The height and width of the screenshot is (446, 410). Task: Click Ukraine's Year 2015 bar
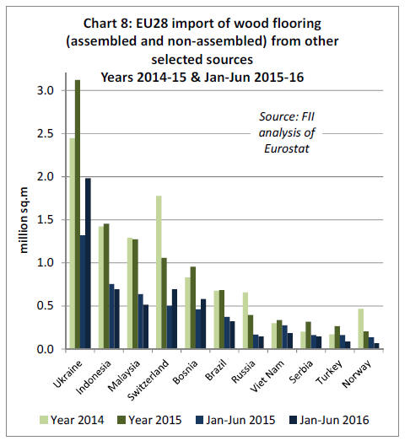[78, 214]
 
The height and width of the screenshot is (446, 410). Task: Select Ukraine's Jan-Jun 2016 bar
[89, 264]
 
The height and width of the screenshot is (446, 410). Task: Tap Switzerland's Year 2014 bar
[159, 272]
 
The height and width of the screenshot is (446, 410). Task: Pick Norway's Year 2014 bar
[360, 329]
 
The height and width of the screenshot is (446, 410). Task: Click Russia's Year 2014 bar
[245, 320]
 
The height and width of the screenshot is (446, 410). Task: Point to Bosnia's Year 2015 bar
[193, 308]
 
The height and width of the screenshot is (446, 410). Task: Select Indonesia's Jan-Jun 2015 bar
[111, 316]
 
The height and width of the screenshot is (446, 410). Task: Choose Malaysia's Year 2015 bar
[136, 294]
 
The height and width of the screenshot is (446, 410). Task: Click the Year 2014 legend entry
[72, 420]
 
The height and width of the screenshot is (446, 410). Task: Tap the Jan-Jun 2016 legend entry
[329, 420]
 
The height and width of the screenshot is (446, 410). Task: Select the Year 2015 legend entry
[149, 420]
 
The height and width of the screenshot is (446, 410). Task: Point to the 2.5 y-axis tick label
[46, 133]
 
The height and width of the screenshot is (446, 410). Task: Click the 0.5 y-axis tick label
[46, 306]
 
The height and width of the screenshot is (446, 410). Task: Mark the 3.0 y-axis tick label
[46, 90]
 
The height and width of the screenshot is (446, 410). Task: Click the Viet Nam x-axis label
[267, 375]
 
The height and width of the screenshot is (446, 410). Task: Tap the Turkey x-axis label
[330, 372]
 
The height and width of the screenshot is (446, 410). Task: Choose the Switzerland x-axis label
[148, 380]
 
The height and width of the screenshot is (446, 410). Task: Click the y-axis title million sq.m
[24, 220]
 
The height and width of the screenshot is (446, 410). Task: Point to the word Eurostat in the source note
[287, 148]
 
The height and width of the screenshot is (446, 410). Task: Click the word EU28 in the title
[152, 24]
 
